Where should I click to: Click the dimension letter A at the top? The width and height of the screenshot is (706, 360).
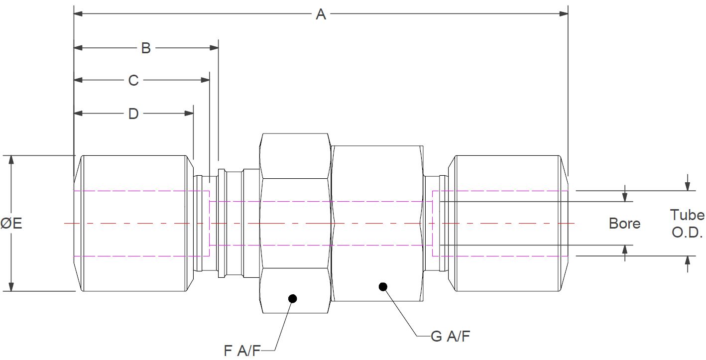pyautogui.click(x=321, y=14)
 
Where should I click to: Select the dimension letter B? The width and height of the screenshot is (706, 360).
pyautogui.click(x=145, y=48)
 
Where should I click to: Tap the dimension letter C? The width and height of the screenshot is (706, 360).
pyautogui.click(x=133, y=80)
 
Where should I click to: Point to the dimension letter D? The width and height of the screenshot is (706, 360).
pyautogui.click(x=133, y=114)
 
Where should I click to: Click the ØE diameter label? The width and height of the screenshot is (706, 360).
pyautogui.click(x=11, y=224)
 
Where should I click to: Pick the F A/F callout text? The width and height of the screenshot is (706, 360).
pyautogui.click(x=242, y=351)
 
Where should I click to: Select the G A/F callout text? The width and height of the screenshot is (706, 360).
pyautogui.click(x=451, y=337)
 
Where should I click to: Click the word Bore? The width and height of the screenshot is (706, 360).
pyautogui.click(x=624, y=224)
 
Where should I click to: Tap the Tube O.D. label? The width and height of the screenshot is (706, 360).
pyautogui.click(x=687, y=224)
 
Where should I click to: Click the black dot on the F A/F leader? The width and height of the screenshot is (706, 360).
pyautogui.click(x=292, y=299)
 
